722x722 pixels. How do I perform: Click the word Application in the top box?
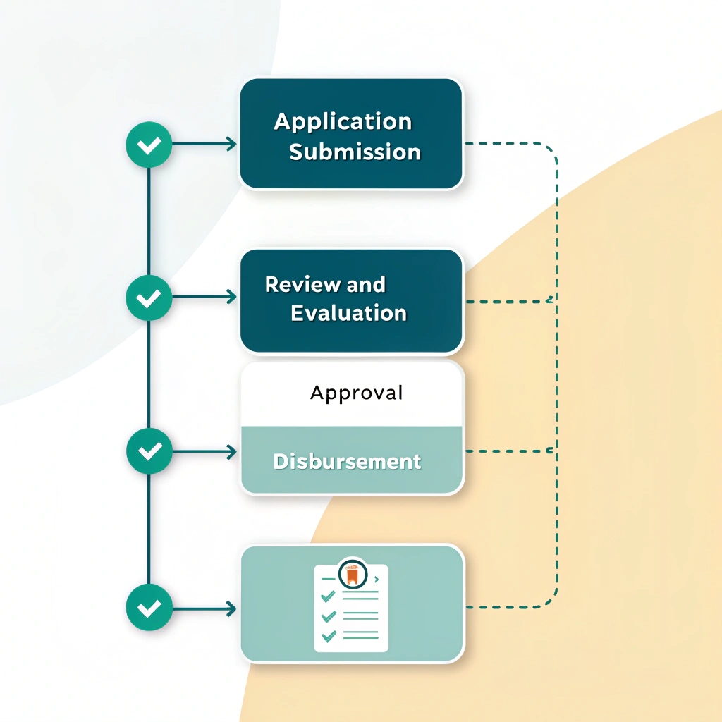coord(343,121)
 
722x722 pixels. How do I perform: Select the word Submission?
coord(355,152)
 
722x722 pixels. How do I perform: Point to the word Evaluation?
coord(348,313)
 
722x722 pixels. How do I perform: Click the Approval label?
coord(356,393)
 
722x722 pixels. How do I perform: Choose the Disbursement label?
coord(347,462)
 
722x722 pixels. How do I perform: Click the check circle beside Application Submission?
coord(148,145)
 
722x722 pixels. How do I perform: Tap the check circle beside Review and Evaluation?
coord(148,298)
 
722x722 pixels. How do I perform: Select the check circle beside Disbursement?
coord(149,451)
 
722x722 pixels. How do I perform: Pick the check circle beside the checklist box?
coord(149,608)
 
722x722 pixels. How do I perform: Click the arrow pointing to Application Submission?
coord(204,145)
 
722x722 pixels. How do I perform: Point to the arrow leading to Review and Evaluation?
coord(204,298)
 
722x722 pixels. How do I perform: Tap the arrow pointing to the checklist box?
coord(204,608)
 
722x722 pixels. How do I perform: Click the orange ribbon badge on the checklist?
coord(351,573)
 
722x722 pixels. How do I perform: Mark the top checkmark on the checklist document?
coord(327,596)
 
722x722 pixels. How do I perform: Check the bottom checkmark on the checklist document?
coord(328,636)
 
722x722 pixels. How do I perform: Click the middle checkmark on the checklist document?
coord(328,616)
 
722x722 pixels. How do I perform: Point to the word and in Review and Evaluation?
coord(366,285)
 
